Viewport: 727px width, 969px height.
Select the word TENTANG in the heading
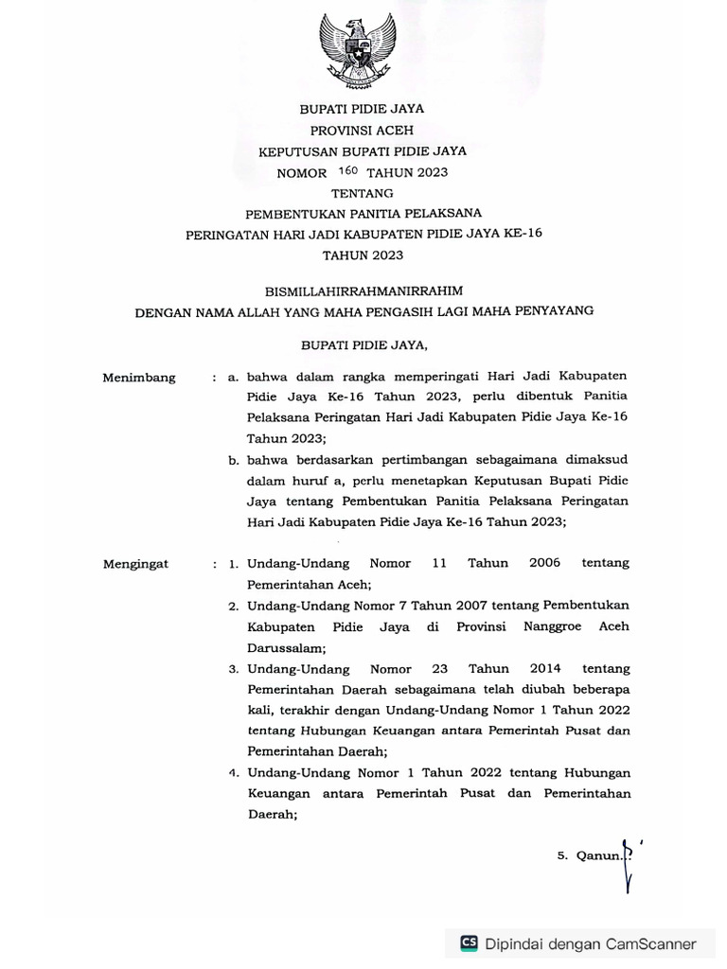(363, 193)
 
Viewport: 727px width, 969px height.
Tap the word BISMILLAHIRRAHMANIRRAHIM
(363, 291)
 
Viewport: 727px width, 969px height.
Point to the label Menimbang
(139, 378)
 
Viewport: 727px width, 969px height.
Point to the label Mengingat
(136, 564)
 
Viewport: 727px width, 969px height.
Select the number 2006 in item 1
(544, 563)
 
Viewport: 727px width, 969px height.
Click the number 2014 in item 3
(546, 667)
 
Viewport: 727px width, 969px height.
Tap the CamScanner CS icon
(469, 943)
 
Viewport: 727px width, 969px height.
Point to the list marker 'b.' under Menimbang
(233, 461)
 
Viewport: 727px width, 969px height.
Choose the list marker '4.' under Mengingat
(233, 772)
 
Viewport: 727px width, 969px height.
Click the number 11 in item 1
(438, 563)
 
